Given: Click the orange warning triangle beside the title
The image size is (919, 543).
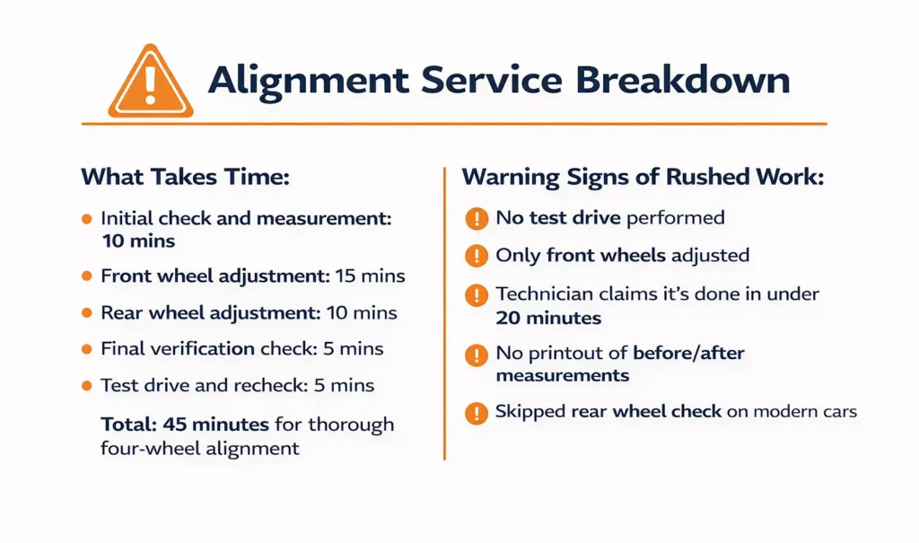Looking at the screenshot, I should coord(151,82).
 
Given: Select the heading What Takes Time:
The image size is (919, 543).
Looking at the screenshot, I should coord(186,177).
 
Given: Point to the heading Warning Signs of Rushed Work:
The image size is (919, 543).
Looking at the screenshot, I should coord(643,177).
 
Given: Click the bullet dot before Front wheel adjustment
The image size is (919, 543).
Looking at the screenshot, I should coord(86,276).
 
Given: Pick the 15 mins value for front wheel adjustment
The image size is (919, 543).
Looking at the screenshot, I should coord(370,276).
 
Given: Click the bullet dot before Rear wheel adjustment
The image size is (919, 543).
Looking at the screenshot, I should coord(86,313).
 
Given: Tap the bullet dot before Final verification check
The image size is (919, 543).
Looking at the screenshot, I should coord(86,349).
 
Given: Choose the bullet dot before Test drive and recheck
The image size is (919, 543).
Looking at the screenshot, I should coord(86,386).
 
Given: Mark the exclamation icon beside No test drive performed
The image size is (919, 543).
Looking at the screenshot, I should coord(476,218).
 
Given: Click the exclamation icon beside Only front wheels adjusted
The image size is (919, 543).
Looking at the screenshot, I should coord(476,256).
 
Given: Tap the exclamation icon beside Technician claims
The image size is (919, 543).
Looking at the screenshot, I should coord(476,293).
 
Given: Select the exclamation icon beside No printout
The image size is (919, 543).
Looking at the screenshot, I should coord(476,355).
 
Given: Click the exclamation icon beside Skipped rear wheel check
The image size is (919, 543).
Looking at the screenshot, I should coord(476,413).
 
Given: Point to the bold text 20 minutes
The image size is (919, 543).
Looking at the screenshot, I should coord(548,318).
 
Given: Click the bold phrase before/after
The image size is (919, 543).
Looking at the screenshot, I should coord(688,353).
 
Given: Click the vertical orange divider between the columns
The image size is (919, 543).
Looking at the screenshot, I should coord(445,314).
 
